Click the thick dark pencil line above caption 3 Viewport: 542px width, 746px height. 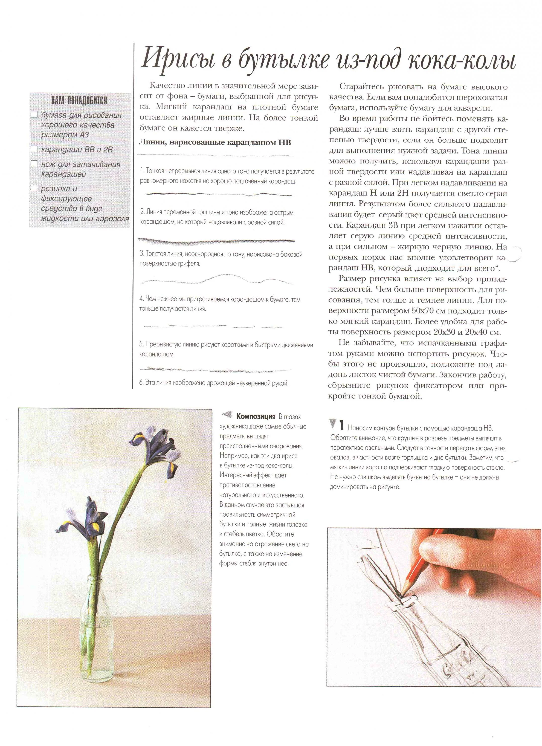coord(216,242)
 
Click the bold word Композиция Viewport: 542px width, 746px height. coord(255,417)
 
